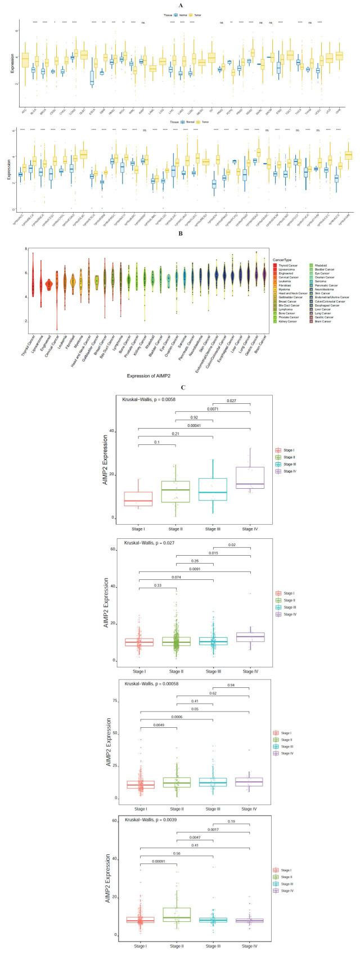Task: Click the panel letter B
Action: (180, 230)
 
